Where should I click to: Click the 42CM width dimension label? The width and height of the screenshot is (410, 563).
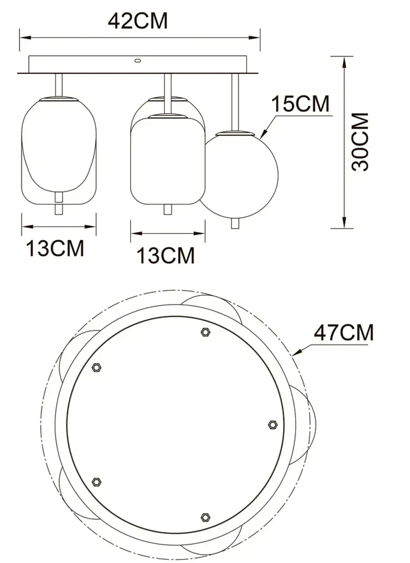tap(138, 21)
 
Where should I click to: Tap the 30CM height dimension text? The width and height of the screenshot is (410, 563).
tap(361, 142)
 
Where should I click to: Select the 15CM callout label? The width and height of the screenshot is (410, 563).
tap(301, 104)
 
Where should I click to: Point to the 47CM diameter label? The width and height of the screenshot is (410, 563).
tap(344, 332)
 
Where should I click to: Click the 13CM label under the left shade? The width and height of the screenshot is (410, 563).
tap(55, 248)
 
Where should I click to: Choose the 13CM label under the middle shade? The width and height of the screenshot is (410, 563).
tap(166, 255)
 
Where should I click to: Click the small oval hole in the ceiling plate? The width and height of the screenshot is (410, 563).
tap(137, 61)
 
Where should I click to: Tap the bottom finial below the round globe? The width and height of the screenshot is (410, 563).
tap(235, 223)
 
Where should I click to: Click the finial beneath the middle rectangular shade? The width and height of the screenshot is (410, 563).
tap(167, 209)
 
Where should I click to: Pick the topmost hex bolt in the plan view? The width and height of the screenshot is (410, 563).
tap(205, 332)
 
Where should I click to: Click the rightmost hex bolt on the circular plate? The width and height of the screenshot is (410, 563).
tap(272, 425)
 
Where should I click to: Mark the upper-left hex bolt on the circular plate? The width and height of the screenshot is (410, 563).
tap(97, 368)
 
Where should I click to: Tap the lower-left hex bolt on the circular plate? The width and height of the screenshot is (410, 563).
tap(96, 482)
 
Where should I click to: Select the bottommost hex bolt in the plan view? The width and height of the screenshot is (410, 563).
tap(205, 517)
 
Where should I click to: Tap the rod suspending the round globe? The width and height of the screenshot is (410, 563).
tap(235, 102)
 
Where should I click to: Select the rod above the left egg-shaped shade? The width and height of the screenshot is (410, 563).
tap(59, 85)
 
